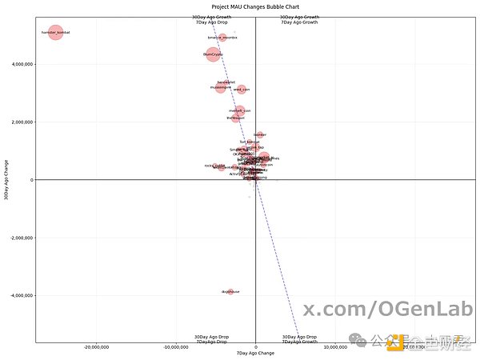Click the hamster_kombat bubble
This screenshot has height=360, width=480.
pyautogui.click(x=55, y=33)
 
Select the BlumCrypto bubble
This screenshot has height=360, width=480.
pyautogui.click(x=213, y=54)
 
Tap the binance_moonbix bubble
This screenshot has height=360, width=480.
pyautogui.click(x=223, y=38)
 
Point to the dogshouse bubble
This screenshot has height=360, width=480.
pyautogui.click(x=231, y=292)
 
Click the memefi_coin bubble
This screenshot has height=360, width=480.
pyautogui.click(x=240, y=110)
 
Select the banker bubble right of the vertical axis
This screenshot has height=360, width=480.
pyautogui.click(x=260, y=135)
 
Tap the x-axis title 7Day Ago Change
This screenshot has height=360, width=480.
pyautogui.click(x=255, y=353)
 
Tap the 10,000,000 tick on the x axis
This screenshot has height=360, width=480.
pyautogui.click(x=335, y=346)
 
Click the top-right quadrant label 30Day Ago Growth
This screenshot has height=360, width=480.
pyautogui.click(x=299, y=17)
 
